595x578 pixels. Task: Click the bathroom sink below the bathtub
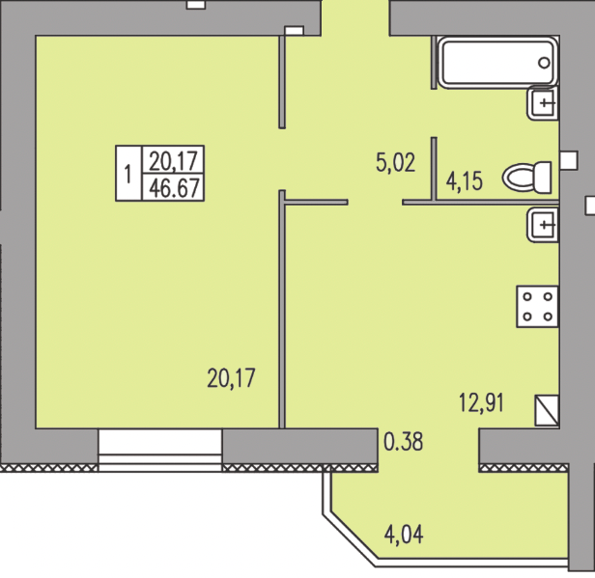543,101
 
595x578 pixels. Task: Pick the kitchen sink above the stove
543,226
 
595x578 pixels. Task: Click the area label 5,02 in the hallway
395,161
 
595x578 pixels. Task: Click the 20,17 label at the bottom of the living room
233,375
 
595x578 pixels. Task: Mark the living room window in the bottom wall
159,451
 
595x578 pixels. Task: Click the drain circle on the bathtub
545,63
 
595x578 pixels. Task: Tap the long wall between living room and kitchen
282,309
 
